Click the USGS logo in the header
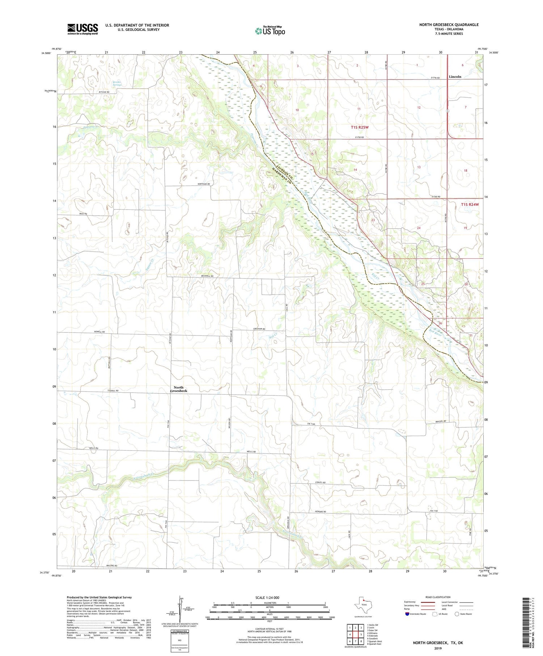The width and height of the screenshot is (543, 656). click(83, 29)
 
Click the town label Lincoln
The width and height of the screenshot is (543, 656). click(455, 77)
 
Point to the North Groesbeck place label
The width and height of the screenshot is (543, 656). click(178, 389)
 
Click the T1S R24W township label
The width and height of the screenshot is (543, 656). click(470, 204)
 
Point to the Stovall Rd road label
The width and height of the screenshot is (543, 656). click(113, 391)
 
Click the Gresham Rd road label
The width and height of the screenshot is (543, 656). click(259, 329)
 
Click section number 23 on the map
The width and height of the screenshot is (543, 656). click(373, 220)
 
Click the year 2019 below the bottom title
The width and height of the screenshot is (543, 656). click(438, 647)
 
